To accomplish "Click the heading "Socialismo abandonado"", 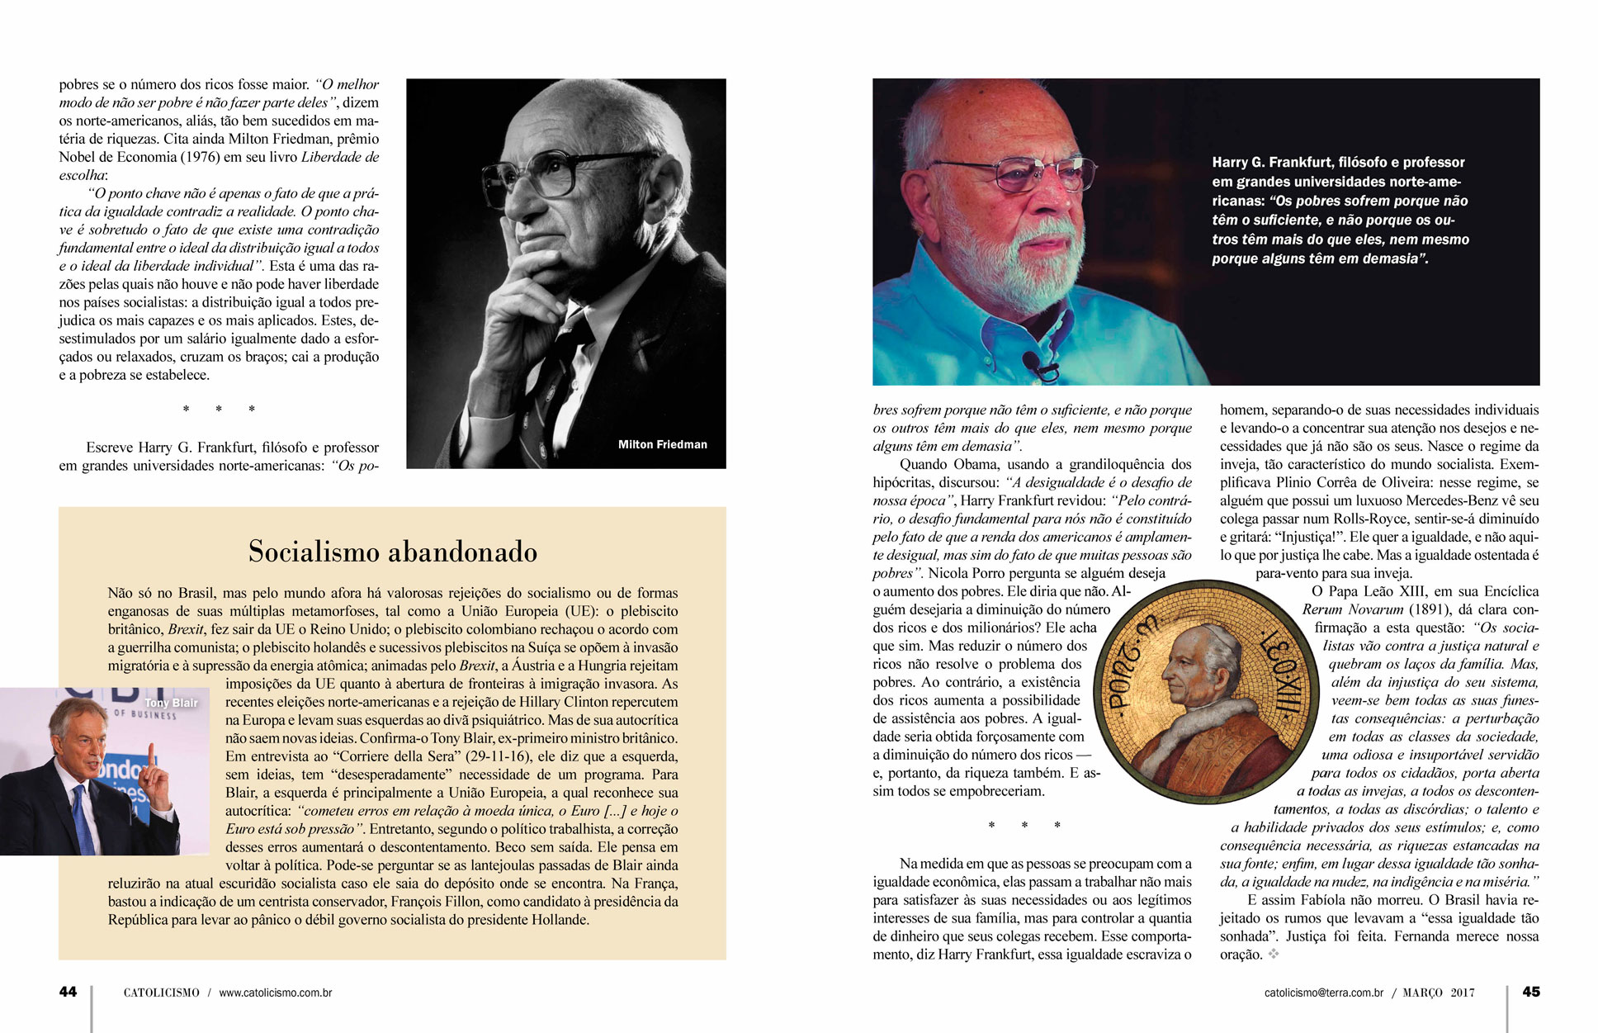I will click(393, 552).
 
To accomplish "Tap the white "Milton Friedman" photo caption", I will click(662, 444).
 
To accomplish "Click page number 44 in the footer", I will click(68, 992).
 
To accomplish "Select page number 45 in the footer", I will click(1531, 992).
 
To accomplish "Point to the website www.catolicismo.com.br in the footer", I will click(276, 993).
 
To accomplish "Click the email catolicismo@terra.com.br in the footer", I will click(1323, 993).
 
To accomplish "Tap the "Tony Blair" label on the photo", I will click(171, 703).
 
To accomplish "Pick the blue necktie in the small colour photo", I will click(83, 817).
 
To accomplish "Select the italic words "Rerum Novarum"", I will click(1352, 609).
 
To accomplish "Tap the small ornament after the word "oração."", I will click(1274, 955).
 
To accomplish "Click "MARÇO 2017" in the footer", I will click(1439, 993).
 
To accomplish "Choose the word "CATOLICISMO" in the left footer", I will click(161, 993).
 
